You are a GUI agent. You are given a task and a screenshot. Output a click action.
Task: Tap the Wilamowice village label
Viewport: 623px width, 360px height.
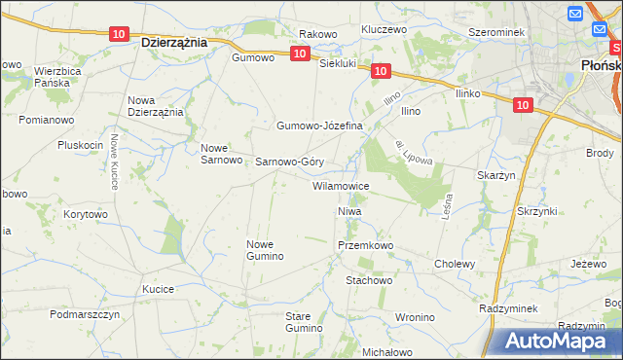click(340, 185)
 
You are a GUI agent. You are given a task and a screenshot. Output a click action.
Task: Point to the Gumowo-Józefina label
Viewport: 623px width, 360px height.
click(319, 126)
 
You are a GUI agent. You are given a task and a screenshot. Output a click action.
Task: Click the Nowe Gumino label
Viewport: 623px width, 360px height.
click(265, 250)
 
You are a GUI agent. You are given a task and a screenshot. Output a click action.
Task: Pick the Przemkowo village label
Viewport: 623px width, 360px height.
click(365, 246)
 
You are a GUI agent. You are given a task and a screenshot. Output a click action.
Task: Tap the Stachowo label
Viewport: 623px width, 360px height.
click(369, 280)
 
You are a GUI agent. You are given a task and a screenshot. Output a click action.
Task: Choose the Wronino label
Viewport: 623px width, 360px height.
click(415, 317)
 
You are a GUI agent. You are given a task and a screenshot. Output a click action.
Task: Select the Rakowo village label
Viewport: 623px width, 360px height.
click(317, 34)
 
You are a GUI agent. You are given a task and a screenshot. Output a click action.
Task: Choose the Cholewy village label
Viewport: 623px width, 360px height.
click(455, 264)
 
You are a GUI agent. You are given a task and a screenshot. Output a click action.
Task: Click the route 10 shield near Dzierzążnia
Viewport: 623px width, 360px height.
click(118, 34)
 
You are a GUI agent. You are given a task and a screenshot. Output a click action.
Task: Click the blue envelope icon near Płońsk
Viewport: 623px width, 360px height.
click(574, 14)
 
